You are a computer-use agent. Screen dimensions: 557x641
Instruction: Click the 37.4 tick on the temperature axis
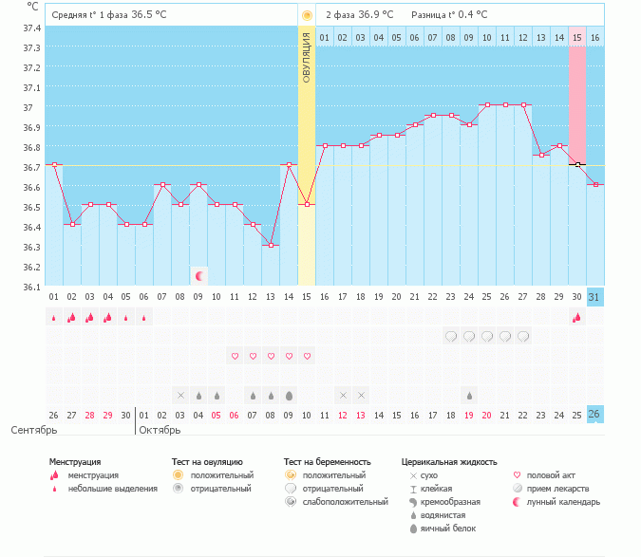click(31, 28)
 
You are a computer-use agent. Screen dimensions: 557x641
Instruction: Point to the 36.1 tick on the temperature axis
click(31, 287)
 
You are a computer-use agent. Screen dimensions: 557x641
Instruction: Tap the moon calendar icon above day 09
click(199, 276)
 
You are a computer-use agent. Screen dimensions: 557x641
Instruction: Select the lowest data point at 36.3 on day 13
click(271, 246)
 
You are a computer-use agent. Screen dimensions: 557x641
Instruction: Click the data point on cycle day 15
click(306, 204)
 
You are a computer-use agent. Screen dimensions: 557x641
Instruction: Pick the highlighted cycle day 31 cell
click(594, 297)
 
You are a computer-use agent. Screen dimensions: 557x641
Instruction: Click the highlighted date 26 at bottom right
click(594, 415)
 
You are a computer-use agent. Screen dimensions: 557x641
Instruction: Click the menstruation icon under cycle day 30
click(576, 317)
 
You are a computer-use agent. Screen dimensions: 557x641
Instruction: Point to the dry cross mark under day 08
click(180, 395)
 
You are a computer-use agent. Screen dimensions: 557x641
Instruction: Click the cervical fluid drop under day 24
click(469, 395)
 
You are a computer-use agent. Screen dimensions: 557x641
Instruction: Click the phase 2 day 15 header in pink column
click(576, 37)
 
